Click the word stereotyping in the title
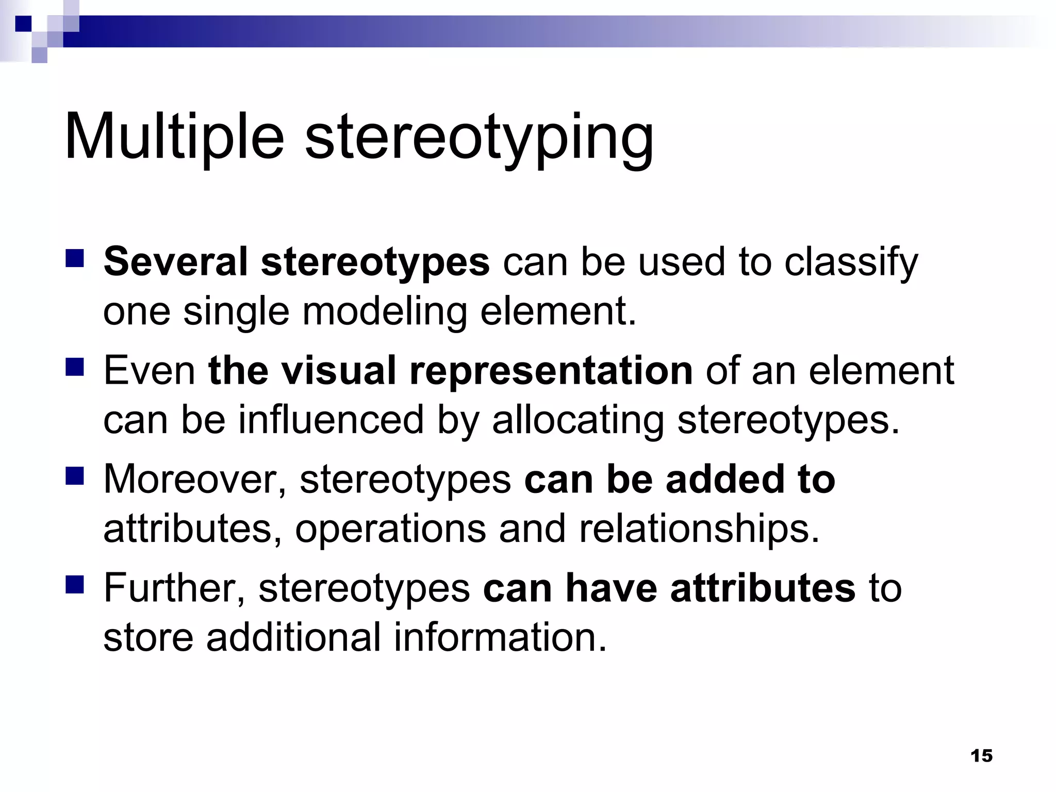tap(480, 139)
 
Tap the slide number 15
tap(981, 755)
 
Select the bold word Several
tap(176, 261)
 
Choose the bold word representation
tap(551, 371)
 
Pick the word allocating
tap(578, 421)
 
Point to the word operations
tap(391, 530)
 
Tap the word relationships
tap(699, 530)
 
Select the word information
tap(500, 637)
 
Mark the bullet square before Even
tap(75, 368)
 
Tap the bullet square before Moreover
tap(75, 476)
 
